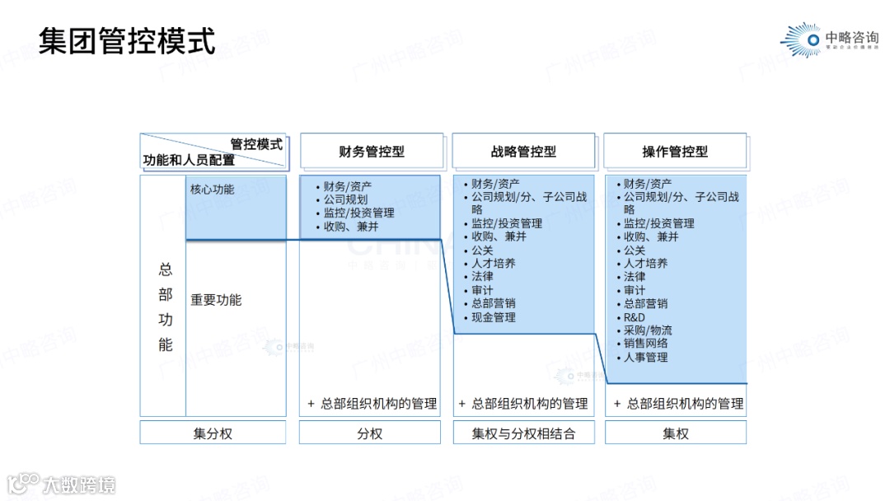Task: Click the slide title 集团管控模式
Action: pos(127,40)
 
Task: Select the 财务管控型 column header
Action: pos(372,152)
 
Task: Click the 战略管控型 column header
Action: pos(523,152)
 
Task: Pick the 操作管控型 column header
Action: pos(675,152)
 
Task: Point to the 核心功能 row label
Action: pos(212,190)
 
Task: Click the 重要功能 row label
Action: pos(216,300)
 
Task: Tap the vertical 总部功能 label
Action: pos(166,307)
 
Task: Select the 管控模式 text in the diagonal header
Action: pos(256,144)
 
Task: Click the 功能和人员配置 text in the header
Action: pos(189,160)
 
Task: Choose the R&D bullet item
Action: pos(634,317)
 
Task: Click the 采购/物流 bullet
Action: pos(647,330)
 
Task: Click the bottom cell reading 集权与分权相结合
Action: pos(523,433)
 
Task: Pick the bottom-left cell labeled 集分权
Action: pos(213,433)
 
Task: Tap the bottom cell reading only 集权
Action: pos(676,433)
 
